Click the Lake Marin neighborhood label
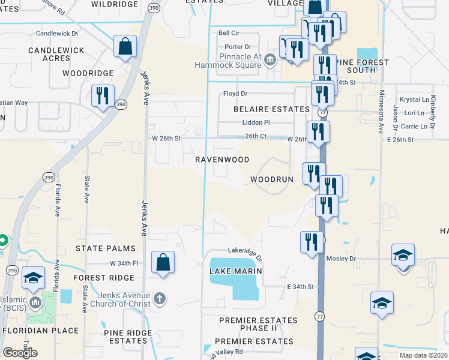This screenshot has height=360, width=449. [236, 271]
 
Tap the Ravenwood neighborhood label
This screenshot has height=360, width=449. [222, 160]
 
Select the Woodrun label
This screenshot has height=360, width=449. [271, 180]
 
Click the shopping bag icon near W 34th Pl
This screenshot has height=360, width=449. [163, 262]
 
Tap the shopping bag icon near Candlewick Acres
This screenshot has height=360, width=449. [125, 46]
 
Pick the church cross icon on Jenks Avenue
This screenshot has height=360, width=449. [159, 297]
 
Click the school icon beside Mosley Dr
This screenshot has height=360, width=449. [403, 255]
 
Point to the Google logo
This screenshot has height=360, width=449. [20, 352]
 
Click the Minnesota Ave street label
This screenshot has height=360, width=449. [381, 112]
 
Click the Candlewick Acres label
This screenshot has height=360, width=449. [58, 54]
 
